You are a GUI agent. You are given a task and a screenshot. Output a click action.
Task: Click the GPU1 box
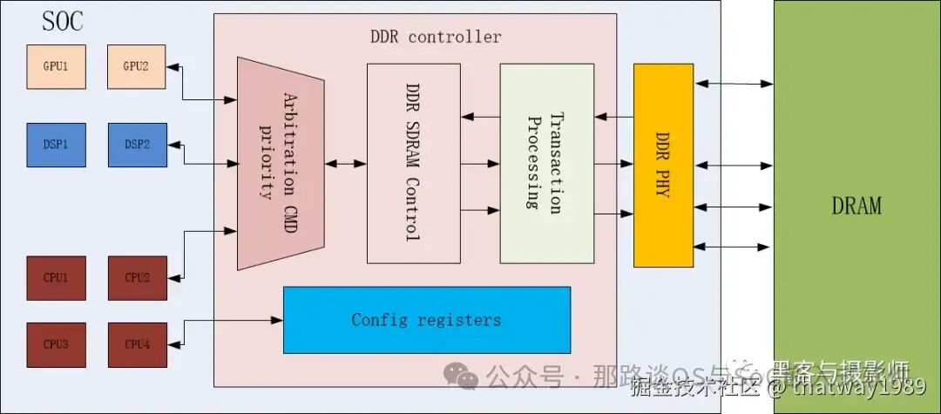56,67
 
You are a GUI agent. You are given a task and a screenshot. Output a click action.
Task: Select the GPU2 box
136,67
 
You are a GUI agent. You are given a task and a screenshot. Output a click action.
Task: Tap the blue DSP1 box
56,145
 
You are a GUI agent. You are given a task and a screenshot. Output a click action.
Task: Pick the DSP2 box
136,145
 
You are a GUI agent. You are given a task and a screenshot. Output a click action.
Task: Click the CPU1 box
56,278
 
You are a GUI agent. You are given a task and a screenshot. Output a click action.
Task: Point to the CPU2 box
136,278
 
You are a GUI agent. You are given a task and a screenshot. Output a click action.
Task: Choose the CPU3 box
56,344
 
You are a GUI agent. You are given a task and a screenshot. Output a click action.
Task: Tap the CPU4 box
136,344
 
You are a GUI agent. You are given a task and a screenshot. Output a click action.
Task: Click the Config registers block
427,320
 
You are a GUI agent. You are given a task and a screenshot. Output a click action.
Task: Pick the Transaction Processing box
546,163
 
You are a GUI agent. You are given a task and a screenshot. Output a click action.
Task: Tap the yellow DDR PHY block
663,165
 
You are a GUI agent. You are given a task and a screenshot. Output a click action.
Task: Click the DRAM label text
856,207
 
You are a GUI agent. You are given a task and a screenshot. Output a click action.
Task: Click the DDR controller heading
436,37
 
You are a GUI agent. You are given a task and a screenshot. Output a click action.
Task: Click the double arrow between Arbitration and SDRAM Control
345,163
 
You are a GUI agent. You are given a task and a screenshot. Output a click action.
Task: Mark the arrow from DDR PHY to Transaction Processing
613,117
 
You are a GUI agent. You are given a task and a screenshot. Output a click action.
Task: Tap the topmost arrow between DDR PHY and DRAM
734,84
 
